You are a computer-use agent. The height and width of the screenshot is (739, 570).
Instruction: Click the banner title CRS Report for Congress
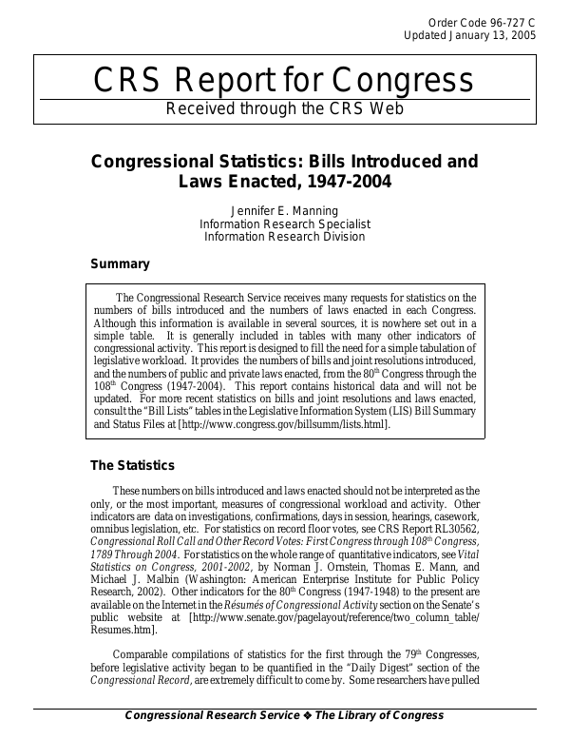point(284,82)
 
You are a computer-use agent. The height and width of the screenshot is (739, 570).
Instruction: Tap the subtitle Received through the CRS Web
point(284,108)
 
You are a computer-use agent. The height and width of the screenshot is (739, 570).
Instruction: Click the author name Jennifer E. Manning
point(284,211)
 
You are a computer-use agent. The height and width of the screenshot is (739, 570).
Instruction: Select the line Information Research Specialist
point(284,224)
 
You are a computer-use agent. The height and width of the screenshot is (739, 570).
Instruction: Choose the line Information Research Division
point(284,238)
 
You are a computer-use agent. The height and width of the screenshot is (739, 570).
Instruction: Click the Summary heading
point(120,263)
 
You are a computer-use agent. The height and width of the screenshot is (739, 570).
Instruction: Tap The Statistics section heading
point(132,466)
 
